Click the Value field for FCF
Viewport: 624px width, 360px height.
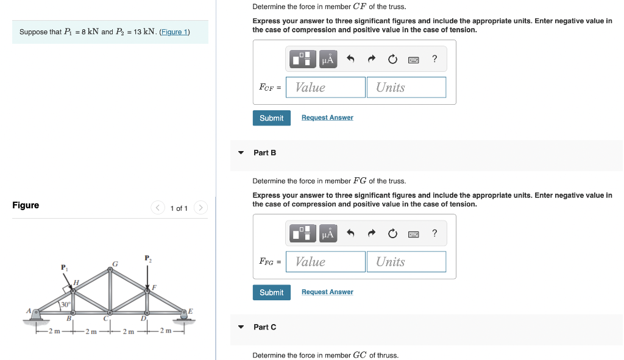pos(325,87)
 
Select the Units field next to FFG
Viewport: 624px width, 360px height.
pos(406,262)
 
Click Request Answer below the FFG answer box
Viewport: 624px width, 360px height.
pos(327,292)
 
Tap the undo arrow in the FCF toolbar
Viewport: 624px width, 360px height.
pos(350,59)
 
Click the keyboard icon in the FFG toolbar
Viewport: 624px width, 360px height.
pos(413,233)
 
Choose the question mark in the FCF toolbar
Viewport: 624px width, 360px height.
pos(434,59)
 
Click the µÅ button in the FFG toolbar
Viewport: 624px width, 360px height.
pos(328,233)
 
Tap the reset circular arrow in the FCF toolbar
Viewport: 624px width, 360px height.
pos(392,59)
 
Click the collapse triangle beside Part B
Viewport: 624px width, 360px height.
pos(241,152)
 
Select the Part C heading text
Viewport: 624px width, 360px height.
pos(264,327)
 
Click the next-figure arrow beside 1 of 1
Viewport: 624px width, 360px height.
pos(201,208)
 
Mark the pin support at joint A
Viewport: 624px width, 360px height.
pos(36,314)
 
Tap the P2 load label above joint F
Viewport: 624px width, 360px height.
pos(147,259)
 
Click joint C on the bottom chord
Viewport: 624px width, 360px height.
pos(110,313)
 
